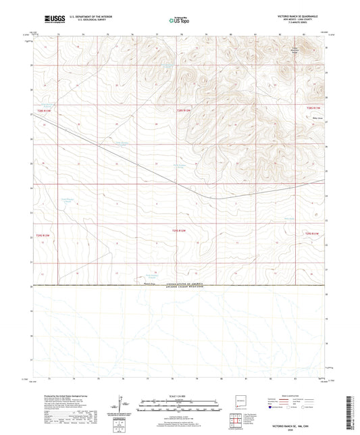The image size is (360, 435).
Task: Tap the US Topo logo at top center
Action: tap(180, 20)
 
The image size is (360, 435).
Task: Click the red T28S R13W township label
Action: tap(44, 109)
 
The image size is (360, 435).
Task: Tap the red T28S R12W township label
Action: tap(184, 110)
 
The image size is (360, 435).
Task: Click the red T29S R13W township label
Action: tap(43, 235)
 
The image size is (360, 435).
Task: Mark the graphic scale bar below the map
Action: tap(180, 405)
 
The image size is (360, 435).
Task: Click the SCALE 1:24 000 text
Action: tap(180, 395)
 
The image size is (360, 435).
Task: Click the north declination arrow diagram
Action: tap(122, 405)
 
